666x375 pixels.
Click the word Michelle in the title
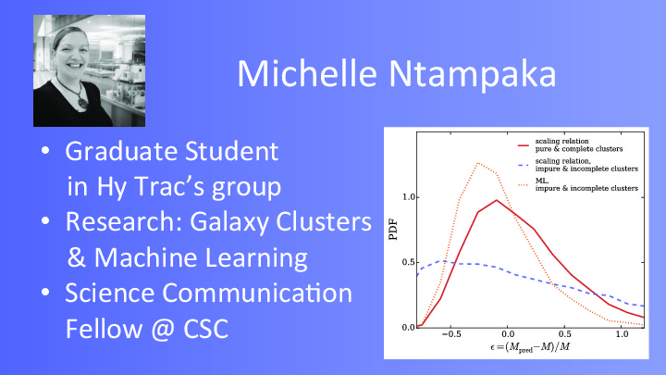click(307, 73)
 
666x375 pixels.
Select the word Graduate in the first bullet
click(120, 151)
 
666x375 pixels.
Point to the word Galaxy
click(229, 222)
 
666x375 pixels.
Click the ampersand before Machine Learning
click(77, 257)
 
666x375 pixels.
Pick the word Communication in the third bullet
click(257, 293)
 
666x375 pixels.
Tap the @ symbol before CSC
click(163, 330)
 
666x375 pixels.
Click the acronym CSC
click(206, 329)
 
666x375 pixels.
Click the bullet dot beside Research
click(45, 221)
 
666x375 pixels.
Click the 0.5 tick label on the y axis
click(408, 262)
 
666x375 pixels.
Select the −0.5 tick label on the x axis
click(451, 334)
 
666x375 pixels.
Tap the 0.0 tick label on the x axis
click(508, 334)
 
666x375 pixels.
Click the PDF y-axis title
click(393, 230)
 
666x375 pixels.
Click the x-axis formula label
click(530, 347)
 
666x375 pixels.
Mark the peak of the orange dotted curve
click(478, 163)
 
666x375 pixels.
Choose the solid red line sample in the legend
click(524, 145)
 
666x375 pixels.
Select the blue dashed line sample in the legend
click(524, 165)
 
